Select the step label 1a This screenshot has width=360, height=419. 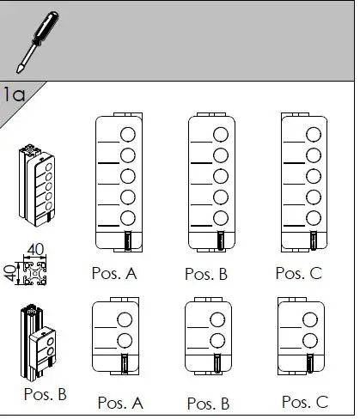click(x=14, y=94)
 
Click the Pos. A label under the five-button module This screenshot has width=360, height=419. click(x=114, y=274)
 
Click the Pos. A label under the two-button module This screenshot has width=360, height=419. click(x=120, y=402)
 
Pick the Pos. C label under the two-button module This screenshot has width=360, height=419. click(x=304, y=401)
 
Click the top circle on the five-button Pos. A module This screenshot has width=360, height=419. click(x=127, y=134)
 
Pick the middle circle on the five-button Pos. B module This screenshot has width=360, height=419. click(x=220, y=176)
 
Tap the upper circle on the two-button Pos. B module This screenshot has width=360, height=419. click(x=220, y=321)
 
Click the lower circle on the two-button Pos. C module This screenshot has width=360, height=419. click(x=313, y=342)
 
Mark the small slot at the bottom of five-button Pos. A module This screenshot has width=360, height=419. click(x=127, y=241)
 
